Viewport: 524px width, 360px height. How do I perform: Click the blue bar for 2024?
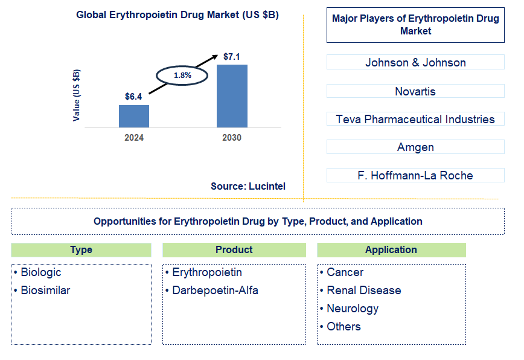coord(133,116)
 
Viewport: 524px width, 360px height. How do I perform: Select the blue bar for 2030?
coord(232,95)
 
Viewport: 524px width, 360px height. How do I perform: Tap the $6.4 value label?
coord(133,97)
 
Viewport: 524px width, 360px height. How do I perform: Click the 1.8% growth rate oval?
coord(182,76)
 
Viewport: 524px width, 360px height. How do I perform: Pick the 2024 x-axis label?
coord(134,138)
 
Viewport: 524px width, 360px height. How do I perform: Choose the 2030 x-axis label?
coord(231,138)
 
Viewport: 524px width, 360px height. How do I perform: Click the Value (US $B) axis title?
coord(77,95)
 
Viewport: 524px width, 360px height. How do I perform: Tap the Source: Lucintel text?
coord(248,187)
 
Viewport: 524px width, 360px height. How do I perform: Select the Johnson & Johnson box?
coord(415,62)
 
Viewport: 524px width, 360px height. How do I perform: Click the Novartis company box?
coord(415,91)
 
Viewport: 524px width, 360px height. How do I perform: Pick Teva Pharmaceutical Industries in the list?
coord(415,119)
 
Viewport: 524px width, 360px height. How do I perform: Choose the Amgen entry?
coord(415,147)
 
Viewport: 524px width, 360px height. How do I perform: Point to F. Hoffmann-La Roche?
coord(415,175)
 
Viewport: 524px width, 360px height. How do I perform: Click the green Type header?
coord(81,250)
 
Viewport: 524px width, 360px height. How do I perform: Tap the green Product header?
coord(234,250)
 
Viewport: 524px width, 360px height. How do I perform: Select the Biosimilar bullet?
coord(45,291)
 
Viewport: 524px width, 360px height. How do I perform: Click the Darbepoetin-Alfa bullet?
coord(215,291)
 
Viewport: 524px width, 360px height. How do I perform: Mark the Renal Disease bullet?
coord(363,291)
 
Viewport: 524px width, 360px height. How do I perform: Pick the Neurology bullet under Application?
coord(353,309)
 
